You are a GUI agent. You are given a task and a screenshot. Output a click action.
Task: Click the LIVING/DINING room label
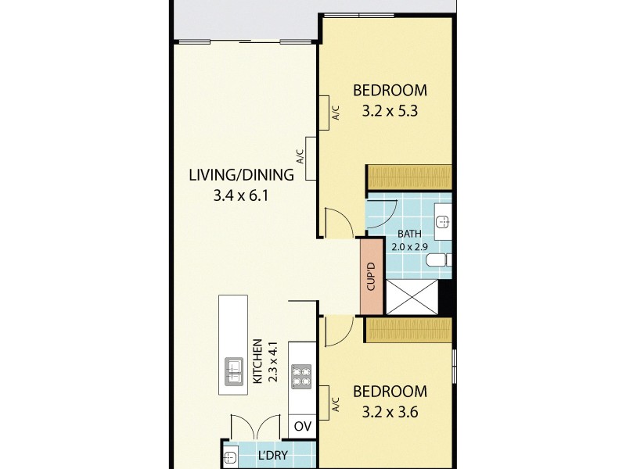coord(241,175)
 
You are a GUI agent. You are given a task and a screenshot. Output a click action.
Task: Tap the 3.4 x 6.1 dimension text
coord(241,196)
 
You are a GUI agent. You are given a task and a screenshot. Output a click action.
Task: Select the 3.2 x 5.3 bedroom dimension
coord(390,110)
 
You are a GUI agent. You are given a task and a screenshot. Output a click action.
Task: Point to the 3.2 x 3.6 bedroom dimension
coord(390,411)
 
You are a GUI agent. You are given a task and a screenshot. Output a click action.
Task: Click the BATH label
coord(409,234)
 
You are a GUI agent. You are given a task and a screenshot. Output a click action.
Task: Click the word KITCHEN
coord(257,362)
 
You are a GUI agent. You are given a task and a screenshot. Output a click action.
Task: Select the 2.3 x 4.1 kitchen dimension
coord(273,362)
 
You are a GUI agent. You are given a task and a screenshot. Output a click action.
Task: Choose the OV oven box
coord(302,427)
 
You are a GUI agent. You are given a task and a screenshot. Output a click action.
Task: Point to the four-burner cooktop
coord(302,378)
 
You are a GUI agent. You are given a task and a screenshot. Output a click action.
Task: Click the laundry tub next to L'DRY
coord(231,455)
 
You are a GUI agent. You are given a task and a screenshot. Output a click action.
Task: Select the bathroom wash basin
coord(443,220)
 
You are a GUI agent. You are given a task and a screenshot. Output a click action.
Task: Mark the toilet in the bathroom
coord(441,260)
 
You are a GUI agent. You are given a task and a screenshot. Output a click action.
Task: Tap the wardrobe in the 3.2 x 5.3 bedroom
coord(409,177)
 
